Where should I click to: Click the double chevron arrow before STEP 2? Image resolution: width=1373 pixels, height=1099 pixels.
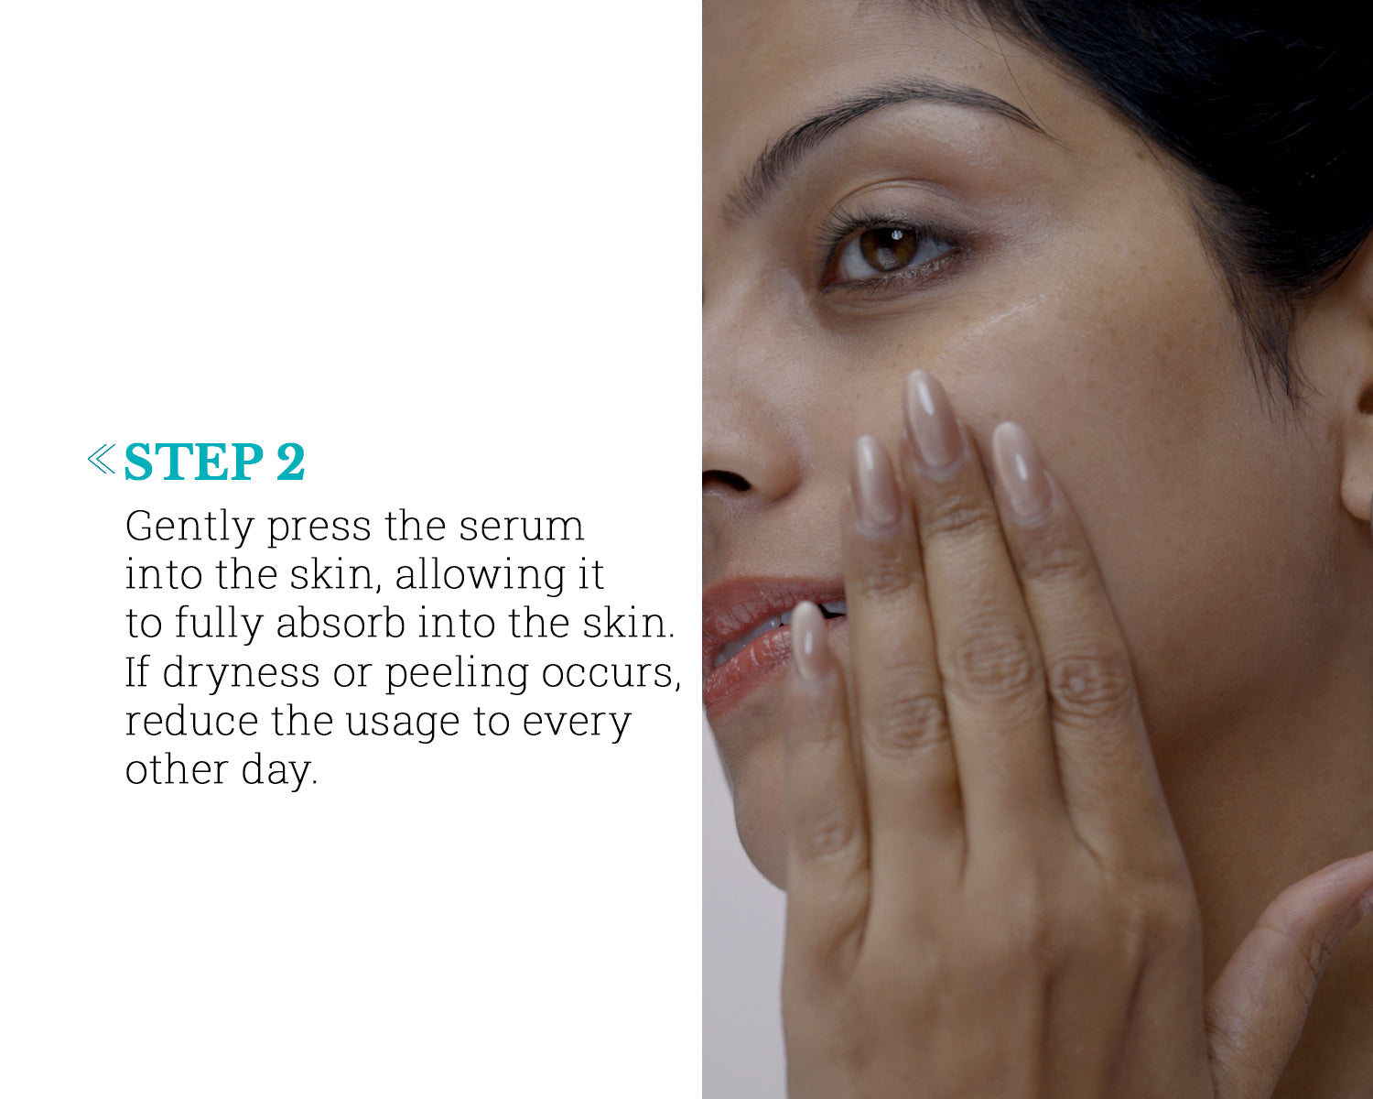click(x=102, y=459)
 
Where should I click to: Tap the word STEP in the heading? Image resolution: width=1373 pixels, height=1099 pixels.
click(x=194, y=461)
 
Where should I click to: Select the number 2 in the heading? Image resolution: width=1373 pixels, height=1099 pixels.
click(x=291, y=461)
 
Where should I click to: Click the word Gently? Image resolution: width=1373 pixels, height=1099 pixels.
click(x=189, y=528)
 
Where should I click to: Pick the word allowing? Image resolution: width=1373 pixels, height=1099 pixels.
click(x=480, y=577)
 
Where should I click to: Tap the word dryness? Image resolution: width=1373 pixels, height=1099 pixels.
click(x=241, y=674)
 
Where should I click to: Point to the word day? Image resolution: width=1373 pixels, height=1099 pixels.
click(x=279, y=772)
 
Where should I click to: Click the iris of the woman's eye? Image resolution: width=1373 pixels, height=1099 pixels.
click(x=888, y=248)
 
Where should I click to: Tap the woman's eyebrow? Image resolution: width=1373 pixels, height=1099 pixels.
click(x=893, y=112)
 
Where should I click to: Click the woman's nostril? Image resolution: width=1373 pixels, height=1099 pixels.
click(x=728, y=480)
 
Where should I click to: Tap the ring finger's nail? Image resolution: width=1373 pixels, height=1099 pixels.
click(x=877, y=482)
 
